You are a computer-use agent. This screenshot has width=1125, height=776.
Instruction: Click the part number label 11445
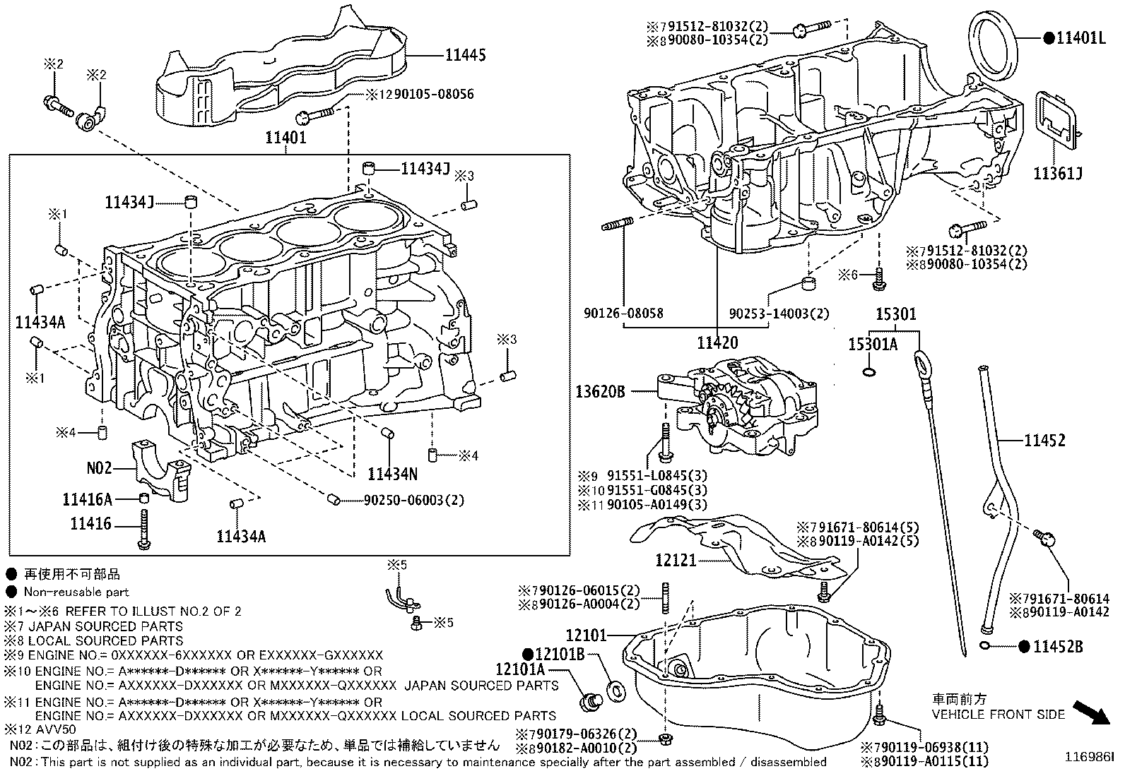tap(465, 54)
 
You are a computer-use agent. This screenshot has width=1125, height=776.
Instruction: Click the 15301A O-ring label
tap(873, 345)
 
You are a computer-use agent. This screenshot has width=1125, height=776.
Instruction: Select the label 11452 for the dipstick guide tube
tap(1045, 441)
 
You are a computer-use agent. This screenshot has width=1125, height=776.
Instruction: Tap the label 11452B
tap(1058, 646)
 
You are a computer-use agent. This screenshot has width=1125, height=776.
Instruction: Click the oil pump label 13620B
tap(600, 392)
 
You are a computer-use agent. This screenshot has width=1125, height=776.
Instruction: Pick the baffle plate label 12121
tap(676, 561)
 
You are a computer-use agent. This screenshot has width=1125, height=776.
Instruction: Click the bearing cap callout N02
tap(100, 467)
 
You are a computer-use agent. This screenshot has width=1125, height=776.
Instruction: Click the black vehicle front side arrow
tap(1090, 713)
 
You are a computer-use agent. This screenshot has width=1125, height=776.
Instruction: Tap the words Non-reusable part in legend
tap(76, 592)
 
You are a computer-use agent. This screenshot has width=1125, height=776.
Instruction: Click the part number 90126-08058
tap(624, 313)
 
